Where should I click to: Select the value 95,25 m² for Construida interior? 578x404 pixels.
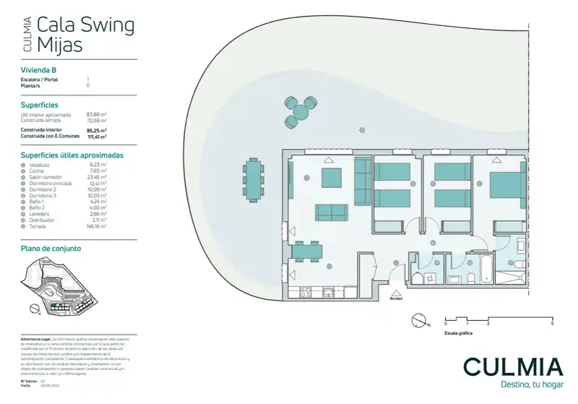(x=96, y=131)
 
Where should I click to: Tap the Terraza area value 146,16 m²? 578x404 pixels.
(x=96, y=226)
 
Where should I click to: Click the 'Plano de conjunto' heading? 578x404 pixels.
(x=46, y=248)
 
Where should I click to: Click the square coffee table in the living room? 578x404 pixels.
(x=331, y=178)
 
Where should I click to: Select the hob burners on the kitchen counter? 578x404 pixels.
(x=304, y=292)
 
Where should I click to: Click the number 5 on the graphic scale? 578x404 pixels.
(x=552, y=323)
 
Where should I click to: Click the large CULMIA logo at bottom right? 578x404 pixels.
(x=513, y=366)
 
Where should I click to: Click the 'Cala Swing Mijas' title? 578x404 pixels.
(x=85, y=35)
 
